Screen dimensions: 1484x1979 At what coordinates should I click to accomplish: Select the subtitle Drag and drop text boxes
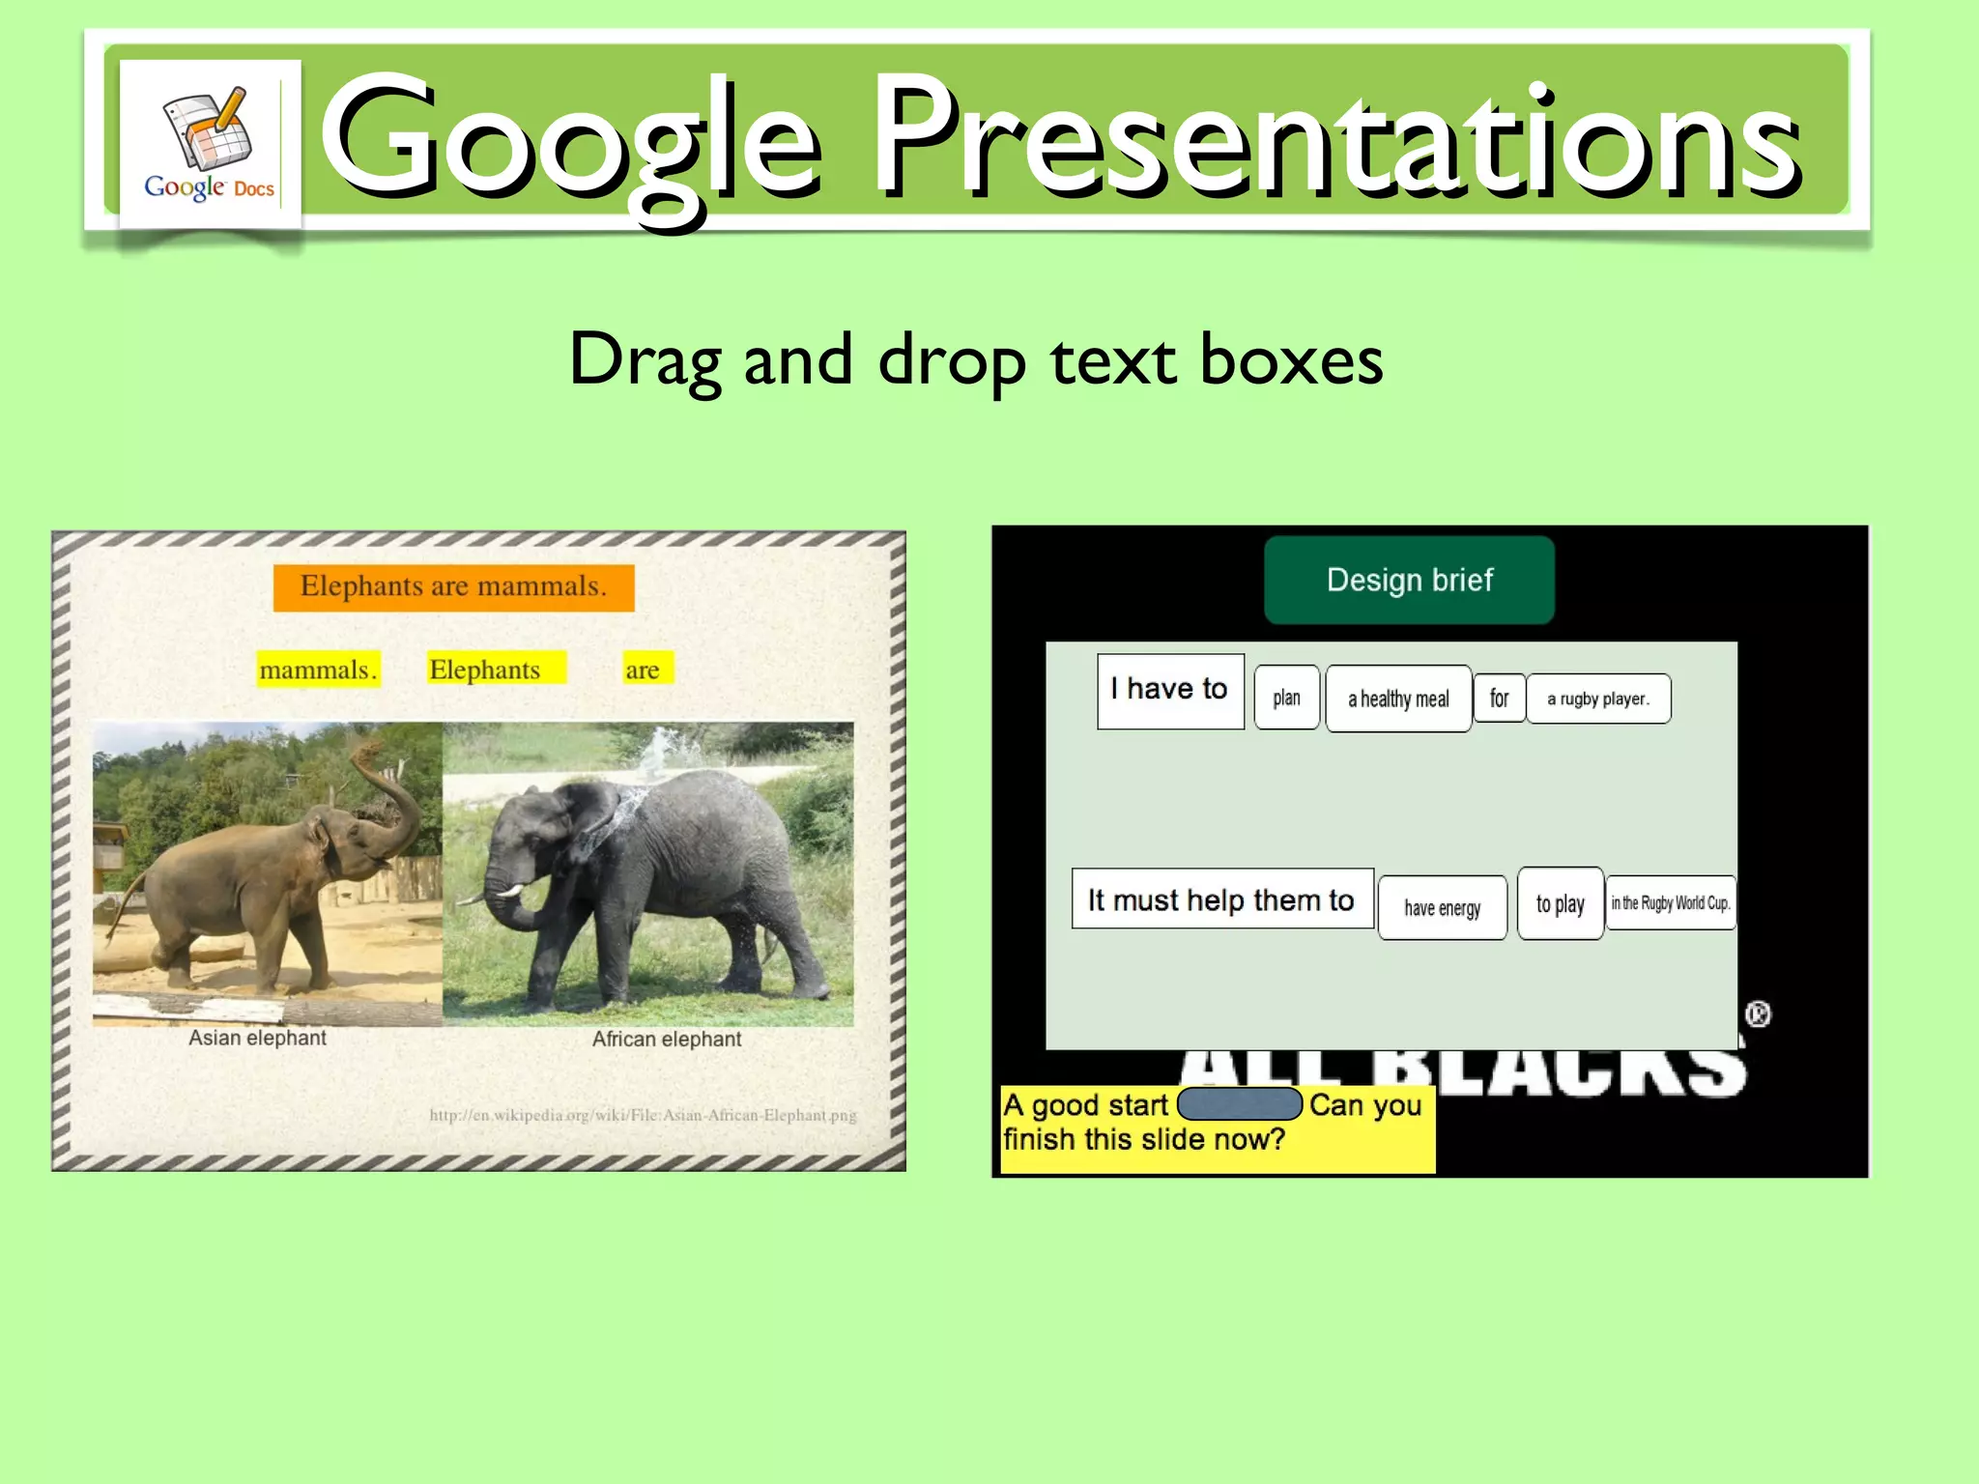(x=976, y=359)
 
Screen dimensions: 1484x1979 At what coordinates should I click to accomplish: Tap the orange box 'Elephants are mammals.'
(x=453, y=587)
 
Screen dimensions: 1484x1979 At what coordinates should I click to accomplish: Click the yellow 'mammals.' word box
(x=318, y=670)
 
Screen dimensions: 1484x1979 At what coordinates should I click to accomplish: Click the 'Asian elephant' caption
(x=257, y=1038)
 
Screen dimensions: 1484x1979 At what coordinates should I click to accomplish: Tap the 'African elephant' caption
(x=667, y=1039)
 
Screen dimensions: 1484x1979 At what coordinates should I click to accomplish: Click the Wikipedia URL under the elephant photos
(x=643, y=1115)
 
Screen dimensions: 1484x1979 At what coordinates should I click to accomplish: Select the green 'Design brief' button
(x=1409, y=580)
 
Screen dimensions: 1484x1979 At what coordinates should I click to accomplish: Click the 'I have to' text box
(x=1170, y=690)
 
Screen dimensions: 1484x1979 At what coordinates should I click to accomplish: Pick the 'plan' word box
(x=1286, y=698)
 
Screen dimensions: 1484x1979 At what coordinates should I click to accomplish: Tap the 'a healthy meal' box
(x=1398, y=699)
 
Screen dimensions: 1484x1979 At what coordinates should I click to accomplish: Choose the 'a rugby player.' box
(x=1598, y=699)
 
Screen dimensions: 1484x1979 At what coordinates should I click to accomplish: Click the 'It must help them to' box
(x=1221, y=899)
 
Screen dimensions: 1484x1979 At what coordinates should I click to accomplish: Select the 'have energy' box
(x=1442, y=907)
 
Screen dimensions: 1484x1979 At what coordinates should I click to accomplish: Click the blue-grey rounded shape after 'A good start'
(x=1240, y=1103)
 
